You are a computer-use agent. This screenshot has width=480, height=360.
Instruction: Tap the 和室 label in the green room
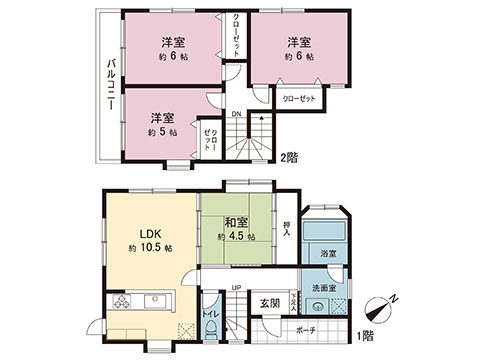coord(237,222)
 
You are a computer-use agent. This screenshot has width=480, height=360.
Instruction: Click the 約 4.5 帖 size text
coord(237,238)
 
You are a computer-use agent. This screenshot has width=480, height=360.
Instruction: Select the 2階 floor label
coord(289,157)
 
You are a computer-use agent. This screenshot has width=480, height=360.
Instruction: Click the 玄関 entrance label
coord(270,303)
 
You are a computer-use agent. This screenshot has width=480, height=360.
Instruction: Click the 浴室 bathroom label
coord(325,256)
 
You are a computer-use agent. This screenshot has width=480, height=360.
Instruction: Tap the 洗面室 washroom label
coord(326,289)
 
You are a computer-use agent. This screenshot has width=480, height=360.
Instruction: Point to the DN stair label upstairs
coord(236,114)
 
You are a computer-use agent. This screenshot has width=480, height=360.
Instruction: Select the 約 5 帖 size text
coord(163,132)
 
